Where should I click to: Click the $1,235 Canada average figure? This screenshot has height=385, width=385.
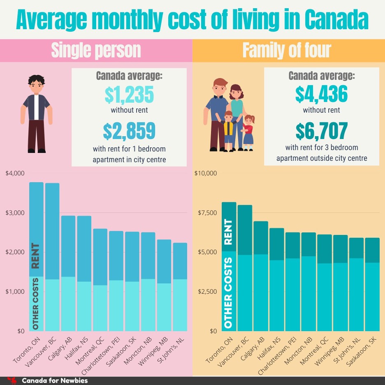[129, 94]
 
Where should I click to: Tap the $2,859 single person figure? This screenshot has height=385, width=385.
[129, 131]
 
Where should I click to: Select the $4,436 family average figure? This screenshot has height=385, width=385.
[321, 94]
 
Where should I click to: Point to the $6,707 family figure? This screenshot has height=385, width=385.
[321, 131]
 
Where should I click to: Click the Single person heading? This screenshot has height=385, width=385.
[96, 50]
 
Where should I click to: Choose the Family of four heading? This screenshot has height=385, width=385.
[287, 50]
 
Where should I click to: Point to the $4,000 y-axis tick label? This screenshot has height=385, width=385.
[15, 173]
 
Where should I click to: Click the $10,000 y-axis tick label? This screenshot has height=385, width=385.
[205, 173]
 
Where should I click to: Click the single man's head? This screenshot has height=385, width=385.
[36, 85]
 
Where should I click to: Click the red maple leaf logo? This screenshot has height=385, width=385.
[12, 380]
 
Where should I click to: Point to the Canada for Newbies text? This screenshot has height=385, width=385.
[54, 380]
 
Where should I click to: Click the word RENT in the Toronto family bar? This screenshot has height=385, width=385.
[228, 232]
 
